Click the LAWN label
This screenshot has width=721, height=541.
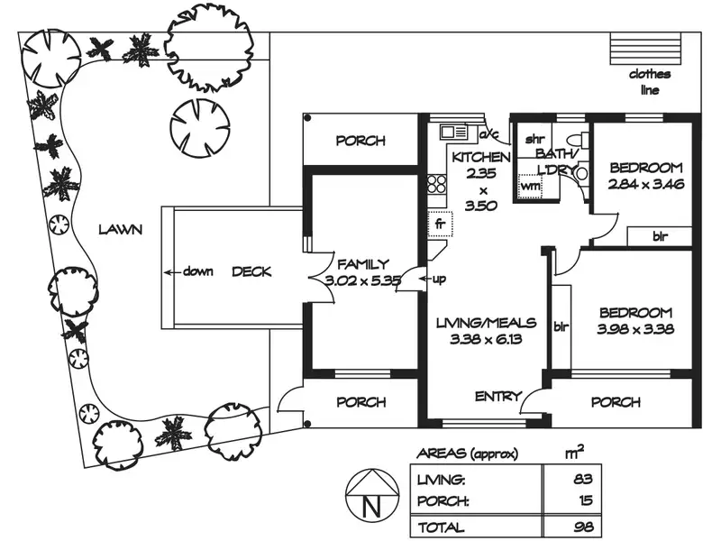(121, 230)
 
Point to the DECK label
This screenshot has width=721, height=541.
(252, 271)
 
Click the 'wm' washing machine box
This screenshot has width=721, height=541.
(530, 186)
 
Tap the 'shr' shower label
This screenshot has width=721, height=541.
(534, 141)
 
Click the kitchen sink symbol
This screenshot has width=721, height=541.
(454, 133)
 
